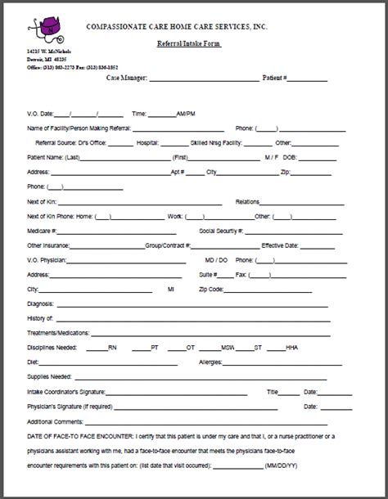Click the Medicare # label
[x=43, y=230]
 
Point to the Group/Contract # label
[x=168, y=245]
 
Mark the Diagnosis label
[x=42, y=303]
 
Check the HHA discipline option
[x=292, y=348]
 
